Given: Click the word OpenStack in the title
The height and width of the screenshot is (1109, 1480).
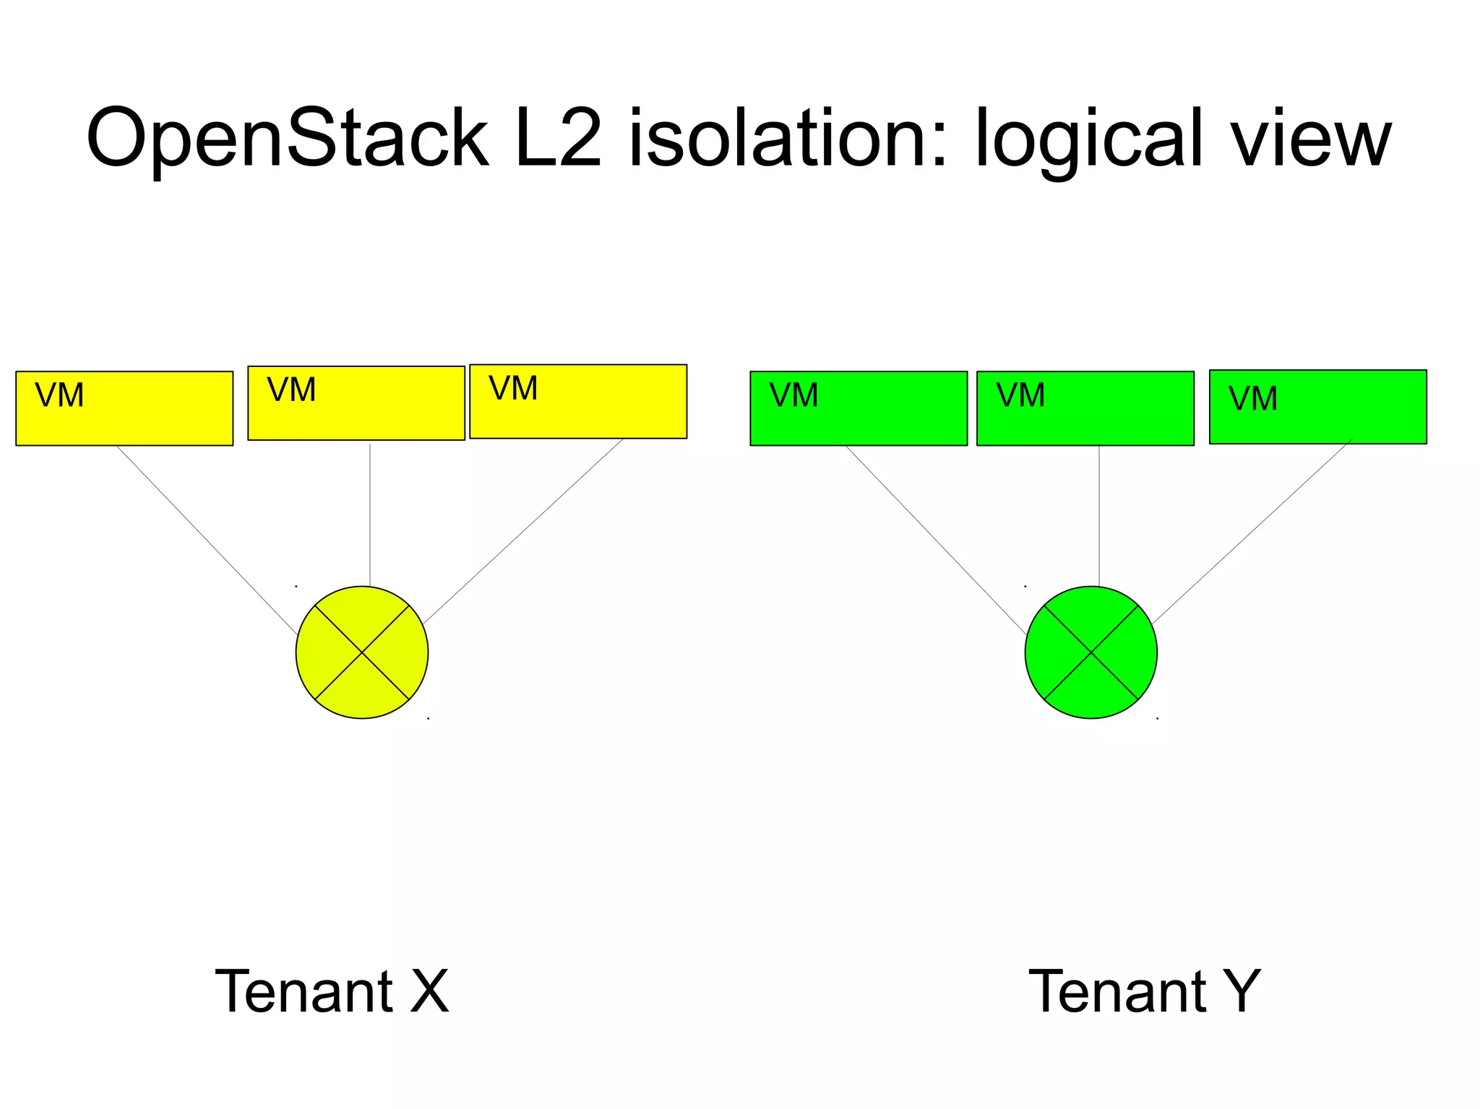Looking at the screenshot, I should point(287,139).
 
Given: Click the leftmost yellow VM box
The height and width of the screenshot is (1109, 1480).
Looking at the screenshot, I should point(124,408).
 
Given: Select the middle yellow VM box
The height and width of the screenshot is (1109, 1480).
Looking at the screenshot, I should point(356,403).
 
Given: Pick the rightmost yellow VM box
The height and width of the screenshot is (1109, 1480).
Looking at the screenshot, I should point(578,401).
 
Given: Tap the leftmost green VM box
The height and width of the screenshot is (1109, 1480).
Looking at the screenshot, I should point(859,408).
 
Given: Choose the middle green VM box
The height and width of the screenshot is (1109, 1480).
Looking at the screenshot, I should point(1085,408).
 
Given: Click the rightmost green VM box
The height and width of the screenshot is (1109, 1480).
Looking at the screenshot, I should point(1317,407).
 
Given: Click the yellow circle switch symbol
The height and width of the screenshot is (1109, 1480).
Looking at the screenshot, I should point(362,652).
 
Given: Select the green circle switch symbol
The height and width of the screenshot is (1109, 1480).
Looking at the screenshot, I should point(1090,652).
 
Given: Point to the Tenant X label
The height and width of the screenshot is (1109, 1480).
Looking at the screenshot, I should point(332,991).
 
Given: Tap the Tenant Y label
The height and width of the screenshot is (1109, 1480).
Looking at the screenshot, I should point(1144,991).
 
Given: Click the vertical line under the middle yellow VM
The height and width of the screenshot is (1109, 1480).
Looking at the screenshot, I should point(370,514).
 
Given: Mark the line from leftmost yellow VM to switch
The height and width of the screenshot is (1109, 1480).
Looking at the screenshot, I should point(207,540).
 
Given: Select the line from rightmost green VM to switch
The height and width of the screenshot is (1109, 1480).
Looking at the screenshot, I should point(1252,531).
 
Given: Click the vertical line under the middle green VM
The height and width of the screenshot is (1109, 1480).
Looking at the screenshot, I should point(1099,514).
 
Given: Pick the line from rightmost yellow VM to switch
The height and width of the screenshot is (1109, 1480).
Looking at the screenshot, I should point(523,531).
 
